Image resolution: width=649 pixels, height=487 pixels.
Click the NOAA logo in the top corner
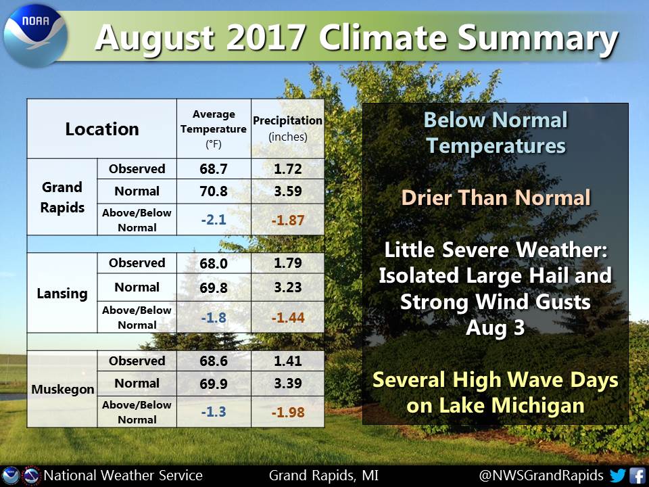35,36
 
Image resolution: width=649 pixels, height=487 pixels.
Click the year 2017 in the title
265,38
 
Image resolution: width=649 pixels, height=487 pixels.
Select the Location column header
102,129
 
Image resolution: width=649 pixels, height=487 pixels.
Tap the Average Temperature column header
214,129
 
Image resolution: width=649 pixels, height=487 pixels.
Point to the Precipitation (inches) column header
288,129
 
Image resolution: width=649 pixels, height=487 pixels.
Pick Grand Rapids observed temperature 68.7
214,169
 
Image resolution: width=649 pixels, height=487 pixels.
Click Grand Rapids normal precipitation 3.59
288,191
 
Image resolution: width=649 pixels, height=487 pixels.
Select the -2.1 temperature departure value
214,219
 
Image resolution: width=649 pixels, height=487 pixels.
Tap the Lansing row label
62,293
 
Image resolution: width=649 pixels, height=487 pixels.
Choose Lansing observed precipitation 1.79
288,263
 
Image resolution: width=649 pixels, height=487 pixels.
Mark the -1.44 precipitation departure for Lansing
288,318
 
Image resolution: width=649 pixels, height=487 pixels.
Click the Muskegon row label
62,390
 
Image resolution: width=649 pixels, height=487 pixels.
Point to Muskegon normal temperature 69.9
214,384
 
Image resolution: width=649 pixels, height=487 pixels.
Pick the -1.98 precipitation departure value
288,412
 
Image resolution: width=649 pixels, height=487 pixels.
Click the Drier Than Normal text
496,198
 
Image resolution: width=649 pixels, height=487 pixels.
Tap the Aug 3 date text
495,328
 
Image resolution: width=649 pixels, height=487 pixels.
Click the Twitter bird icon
617,475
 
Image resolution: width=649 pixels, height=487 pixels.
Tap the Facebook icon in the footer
638,475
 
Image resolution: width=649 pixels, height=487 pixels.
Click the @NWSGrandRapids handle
541,476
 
